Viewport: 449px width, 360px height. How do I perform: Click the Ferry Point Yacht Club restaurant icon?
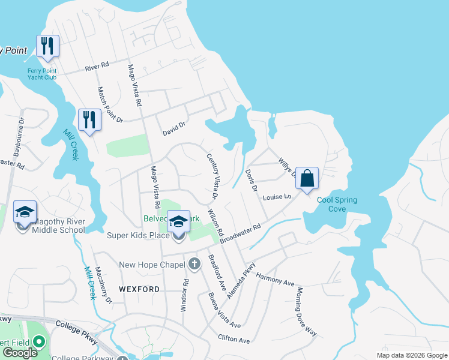[x=47, y=46]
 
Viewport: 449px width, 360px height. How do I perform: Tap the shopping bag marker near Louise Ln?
[x=306, y=178]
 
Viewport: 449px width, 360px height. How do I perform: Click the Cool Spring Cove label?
[x=337, y=205]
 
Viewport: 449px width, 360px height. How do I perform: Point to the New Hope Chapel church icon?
[x=194, y=263]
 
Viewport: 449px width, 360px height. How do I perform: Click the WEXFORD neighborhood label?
[x=140, y=289]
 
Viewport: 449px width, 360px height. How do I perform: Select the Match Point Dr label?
[x=110, y=105]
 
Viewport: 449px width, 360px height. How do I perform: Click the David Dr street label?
[x=175, y=128]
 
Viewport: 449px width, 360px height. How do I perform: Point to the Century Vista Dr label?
[x=212, y=176]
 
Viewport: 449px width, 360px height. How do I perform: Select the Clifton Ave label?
[x=234, y=340]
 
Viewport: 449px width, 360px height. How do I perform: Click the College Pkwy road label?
[x=76, y=328]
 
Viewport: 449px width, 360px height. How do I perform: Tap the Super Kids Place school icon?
[x=178, y=222]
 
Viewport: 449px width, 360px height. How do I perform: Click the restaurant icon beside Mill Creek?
[x=89, y=119]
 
